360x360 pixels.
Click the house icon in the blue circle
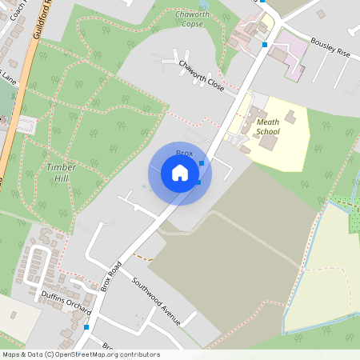(179, 173)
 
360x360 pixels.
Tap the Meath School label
(266, 126)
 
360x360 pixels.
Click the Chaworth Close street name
(201, 74)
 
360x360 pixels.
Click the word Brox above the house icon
(184, 151)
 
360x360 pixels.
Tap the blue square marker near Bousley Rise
(265, 45)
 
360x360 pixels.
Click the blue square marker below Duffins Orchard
(86, 326)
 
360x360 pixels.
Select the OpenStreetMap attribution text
(80, 354)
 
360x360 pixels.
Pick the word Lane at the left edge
(8, 78)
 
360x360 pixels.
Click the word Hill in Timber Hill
(61, 178)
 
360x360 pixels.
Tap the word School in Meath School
(267, 130)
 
